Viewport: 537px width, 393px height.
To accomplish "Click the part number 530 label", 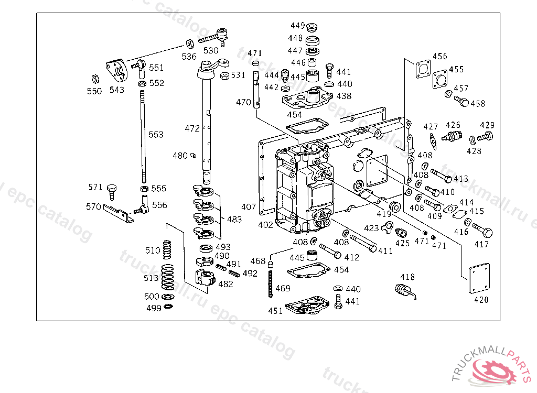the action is point(211,51).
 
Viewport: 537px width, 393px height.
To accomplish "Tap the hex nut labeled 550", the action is point(95,79).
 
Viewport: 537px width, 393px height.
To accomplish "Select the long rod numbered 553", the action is point(143,136).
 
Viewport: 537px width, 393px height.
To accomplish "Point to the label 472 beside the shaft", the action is point(192,129).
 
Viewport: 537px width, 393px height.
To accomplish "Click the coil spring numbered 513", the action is point(167,277).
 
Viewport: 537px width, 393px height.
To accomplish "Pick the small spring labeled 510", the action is point(167,249).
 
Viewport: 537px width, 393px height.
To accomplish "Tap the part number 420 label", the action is point(481,300).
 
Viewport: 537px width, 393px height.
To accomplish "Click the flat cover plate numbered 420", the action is point(479,278).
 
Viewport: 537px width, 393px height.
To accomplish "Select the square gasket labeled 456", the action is point(423,69).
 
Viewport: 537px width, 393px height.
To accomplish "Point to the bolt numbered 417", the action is point(482,230).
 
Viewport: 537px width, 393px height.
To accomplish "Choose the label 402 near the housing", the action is point(265,225).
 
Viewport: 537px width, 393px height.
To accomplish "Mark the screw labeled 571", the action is point(111,192).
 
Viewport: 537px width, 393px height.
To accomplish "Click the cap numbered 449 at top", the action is point(312,27).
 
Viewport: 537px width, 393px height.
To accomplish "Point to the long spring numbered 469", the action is point(271,284).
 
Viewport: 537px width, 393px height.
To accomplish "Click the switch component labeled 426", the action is point(452,137).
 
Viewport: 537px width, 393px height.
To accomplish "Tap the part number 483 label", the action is point(234,220).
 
